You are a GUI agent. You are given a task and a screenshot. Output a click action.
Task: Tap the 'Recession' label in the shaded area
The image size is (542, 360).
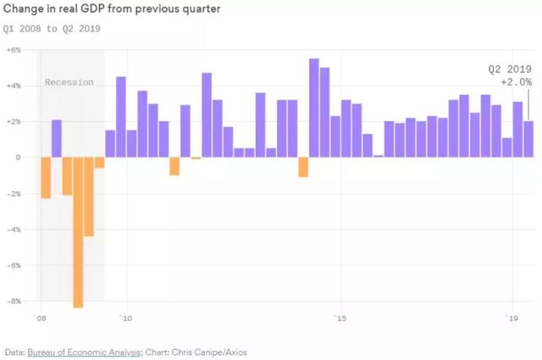tap(69, 82)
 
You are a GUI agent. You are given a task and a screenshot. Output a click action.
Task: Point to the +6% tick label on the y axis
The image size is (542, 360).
tap(14, 50)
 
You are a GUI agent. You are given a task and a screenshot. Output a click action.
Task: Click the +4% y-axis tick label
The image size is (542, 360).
tap(14, 86)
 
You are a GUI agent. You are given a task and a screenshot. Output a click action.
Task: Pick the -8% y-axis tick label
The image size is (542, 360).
tap(14, 301)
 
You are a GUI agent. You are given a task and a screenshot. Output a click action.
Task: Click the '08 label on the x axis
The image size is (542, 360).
tap(40, 318)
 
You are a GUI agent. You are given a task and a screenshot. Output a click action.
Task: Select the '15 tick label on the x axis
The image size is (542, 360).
tap(340, 318)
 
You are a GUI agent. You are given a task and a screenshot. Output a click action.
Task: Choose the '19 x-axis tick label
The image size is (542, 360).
tap(512, 318)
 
